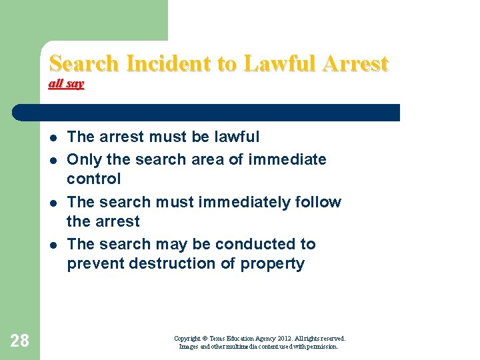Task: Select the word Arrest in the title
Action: pos(355,63)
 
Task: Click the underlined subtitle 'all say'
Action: pos(66,84)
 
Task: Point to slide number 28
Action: pos(20,341)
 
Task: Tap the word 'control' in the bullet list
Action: pos(94,179)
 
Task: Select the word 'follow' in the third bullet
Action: pos(321,202)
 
